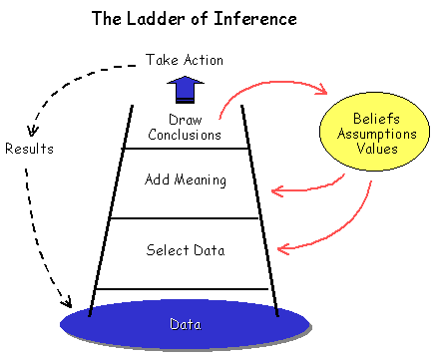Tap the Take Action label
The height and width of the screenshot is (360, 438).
coord(185,61)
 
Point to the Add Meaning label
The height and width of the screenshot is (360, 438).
coord(186,180)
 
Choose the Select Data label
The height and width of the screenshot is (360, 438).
coord(186,249)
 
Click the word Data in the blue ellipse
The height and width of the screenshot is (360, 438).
coord(186,324)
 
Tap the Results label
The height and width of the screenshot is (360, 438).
coord(30,149)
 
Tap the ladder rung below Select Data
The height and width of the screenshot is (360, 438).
coord(186,289)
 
